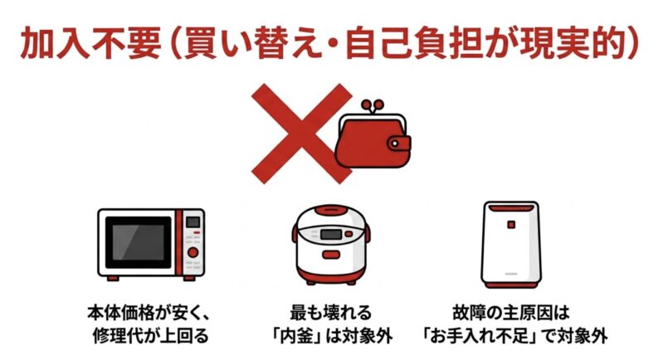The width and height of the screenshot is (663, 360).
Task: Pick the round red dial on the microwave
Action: pos(193,251)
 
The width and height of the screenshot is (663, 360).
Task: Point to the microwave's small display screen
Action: pos(192,222)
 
